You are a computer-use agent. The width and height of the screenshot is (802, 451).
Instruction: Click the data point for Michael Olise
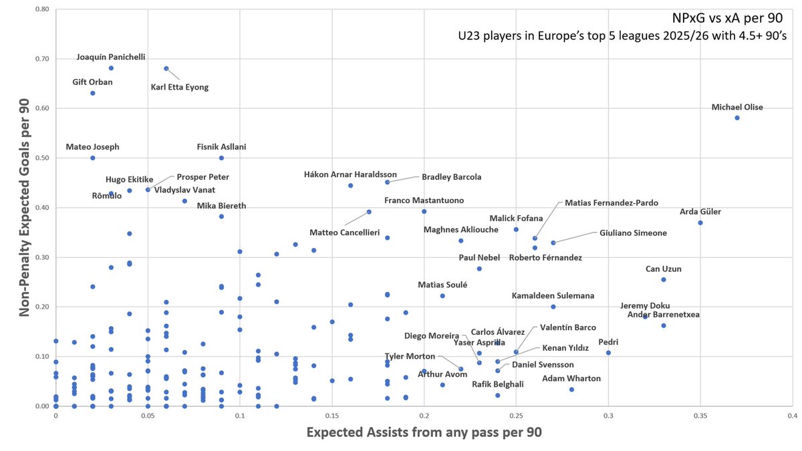coord(737,118)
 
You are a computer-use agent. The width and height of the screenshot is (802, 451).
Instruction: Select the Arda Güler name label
coord(700,212)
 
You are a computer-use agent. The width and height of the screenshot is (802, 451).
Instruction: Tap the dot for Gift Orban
coord(93,93)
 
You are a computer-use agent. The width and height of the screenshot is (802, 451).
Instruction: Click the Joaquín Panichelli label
coord(110,57)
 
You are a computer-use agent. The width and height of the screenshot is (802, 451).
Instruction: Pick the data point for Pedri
coord(608,353)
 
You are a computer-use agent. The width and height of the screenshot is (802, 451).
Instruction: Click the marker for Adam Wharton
coord(571,390)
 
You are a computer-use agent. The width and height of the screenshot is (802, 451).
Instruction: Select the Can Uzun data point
coord(664,279)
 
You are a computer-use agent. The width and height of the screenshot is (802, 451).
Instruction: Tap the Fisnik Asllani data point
coord(221,158)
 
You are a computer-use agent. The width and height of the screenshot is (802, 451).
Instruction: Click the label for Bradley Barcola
coord(451,177)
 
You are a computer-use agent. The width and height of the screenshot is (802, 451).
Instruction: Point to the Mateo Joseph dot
coord(93,158)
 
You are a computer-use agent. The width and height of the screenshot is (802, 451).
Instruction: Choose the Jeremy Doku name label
coord(645,305)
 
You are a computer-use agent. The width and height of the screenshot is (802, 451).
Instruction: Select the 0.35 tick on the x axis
coord(700,416)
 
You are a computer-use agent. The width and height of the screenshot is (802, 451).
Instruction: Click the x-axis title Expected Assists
coord(424,432)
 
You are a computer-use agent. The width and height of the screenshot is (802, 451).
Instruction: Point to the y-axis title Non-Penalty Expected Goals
coord(25,208)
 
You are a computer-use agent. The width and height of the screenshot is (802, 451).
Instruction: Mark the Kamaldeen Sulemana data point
coord(553,307)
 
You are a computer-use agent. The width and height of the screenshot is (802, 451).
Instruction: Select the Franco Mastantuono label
coord(424,200)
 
